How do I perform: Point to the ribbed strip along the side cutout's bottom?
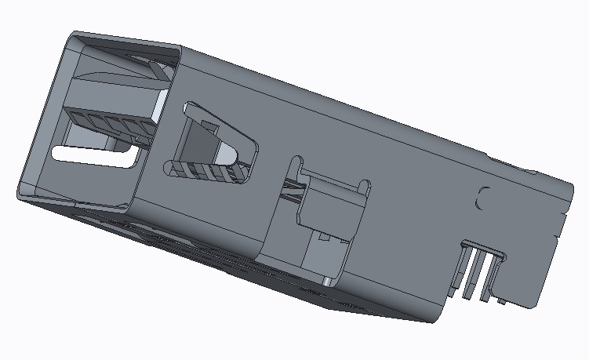[208, 172]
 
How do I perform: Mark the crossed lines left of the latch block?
[293, 191]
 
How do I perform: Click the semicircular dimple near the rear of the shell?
[483, 197]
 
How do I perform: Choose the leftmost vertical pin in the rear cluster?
[468, 271]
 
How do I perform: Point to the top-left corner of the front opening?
[73, 36]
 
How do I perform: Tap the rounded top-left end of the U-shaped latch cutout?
[296, 161]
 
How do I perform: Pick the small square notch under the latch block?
[322, 235]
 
